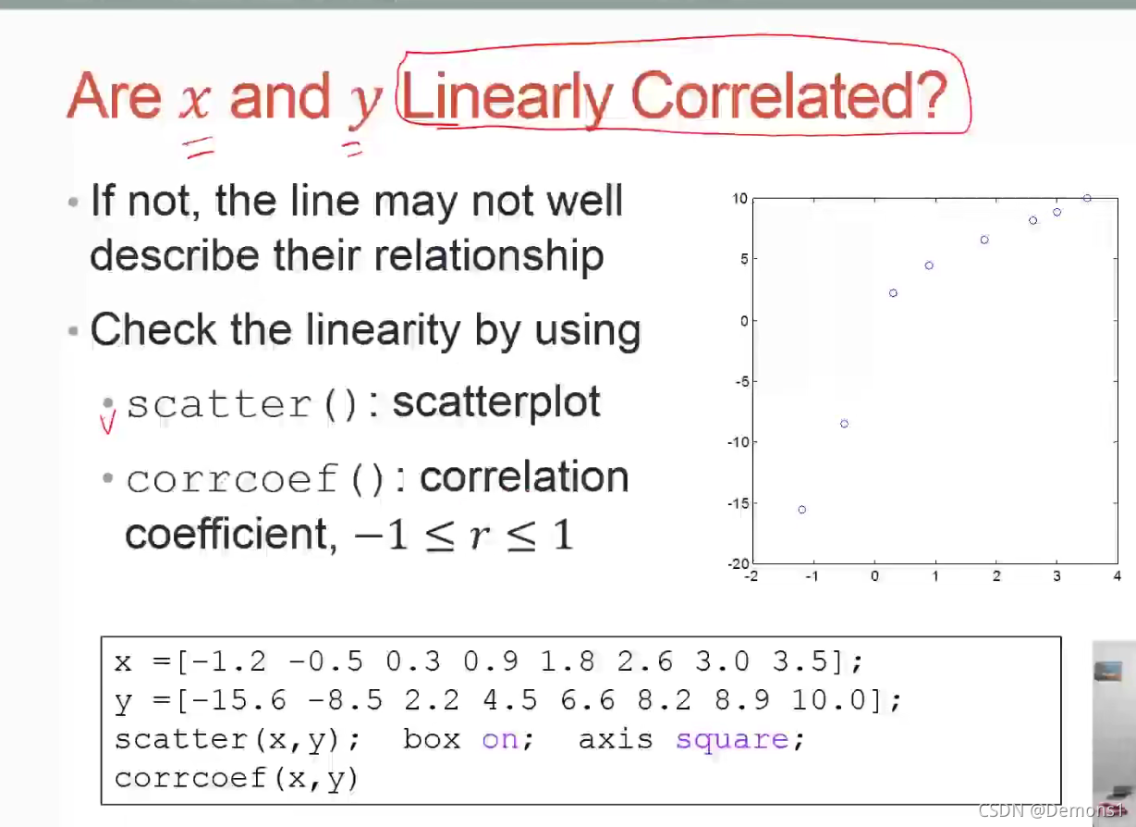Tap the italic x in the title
tap(195, 102)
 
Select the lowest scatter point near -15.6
tap(801, 509)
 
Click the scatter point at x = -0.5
tap(844, 424)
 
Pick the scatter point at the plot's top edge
tap(1087, 198)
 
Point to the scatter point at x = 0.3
tap(893, 293)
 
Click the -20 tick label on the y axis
tap(739, 563)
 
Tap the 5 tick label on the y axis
tap(744, 259)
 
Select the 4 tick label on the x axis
tap(1118, 576)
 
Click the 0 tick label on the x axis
tap(874, 576)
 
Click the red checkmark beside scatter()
tap(107, 422)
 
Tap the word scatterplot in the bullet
tap(496, 403)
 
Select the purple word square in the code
tap(732, 740)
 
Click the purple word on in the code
tap(500, 740)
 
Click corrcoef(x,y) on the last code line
tap(237, 779)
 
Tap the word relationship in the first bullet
tap(489, 255)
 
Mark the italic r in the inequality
tap(479, 536)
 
